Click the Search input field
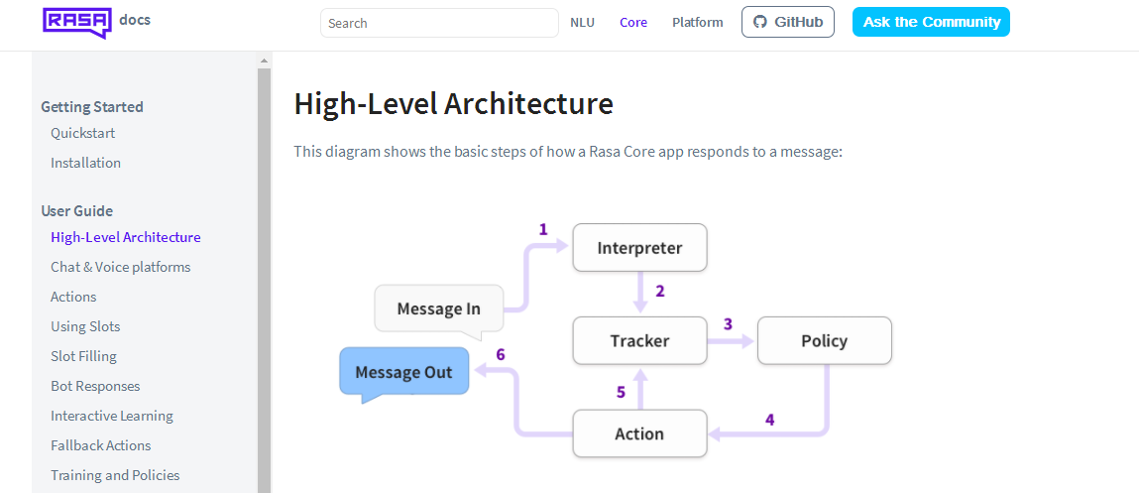(x=439, y=23)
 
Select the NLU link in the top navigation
(x=582, y=23)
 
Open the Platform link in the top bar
(x=697, y=23)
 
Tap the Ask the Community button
(x=930, y=22)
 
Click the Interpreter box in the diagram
(x=639, y=248)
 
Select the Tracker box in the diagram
(x=639, y=340)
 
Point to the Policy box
(x=824, y=340)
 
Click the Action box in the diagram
(x=639, y=433)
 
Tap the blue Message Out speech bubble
(x=403, y=372)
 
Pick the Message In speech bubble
(x=438, y=308)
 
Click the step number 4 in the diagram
(x=769, y=420)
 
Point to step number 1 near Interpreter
(x=543, y=229)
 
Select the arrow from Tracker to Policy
(x=731, y=341)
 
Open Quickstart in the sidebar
(x=83, y=133)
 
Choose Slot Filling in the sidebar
(x=83, y=356)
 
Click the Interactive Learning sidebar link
(x=112, y=416)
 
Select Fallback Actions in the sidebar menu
(x=101, y=445)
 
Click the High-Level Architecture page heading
(x=453, y=103)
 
